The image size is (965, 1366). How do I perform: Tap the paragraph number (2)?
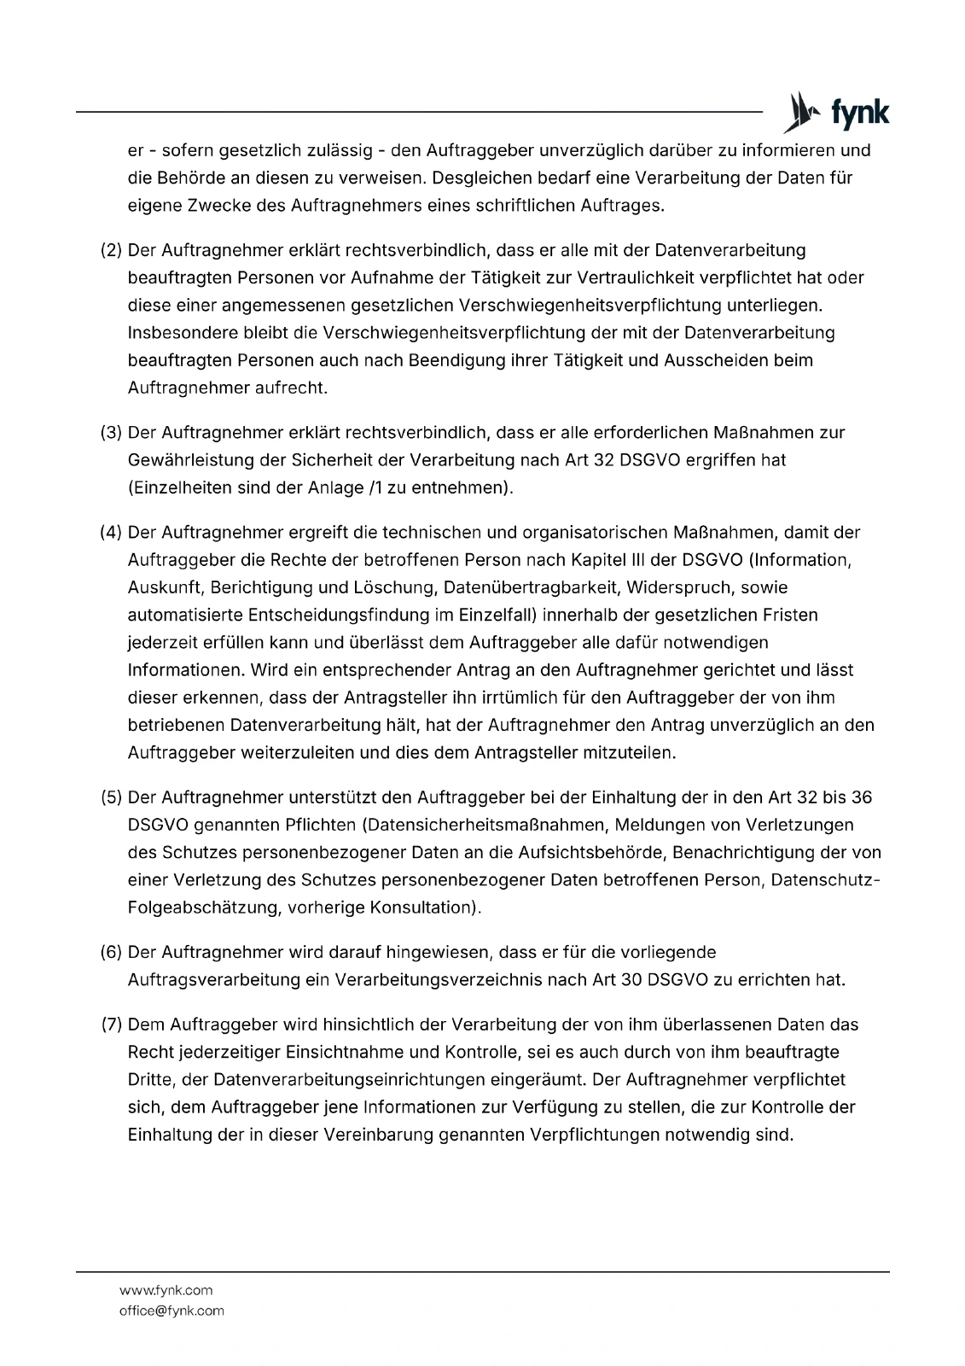click(x=112, y=250)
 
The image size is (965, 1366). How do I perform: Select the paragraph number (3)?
click(x=112, y=432)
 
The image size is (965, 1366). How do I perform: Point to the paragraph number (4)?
click(x=112, y=533)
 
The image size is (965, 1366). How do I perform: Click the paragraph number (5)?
click(x=112, y=797)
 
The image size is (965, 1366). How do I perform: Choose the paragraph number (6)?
click(x=112, y=952)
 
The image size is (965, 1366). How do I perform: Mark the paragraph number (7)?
click(x=112, y=1024)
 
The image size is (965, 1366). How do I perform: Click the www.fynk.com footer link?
click(x=166, y=1290)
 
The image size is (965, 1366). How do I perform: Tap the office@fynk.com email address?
click(x=171, y=1311)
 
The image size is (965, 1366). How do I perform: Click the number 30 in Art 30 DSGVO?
click(x=631, y=979)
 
